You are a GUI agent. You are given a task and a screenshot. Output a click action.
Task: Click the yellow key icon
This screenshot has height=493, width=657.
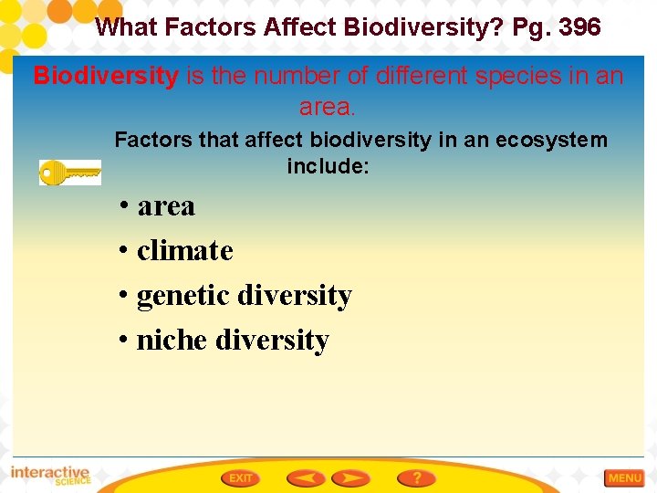click(69, 172)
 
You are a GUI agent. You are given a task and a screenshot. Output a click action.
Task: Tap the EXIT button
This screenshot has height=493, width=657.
click(241, 477)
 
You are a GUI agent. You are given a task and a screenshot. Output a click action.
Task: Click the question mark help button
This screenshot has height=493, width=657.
click(416, 477)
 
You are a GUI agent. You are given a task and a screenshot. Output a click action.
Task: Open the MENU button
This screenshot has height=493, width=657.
click(625, 477)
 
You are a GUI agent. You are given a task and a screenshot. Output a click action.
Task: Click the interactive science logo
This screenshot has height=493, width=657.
click(50, 476)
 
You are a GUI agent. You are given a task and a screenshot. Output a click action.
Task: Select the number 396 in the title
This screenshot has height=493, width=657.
click(579, 27)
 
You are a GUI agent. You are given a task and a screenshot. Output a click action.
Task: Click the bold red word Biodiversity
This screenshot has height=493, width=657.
click(106, 76)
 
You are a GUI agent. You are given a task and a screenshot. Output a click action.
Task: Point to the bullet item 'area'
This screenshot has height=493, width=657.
click(166, 206)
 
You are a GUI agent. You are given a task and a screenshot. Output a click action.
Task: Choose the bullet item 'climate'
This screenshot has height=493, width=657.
click(184, 250)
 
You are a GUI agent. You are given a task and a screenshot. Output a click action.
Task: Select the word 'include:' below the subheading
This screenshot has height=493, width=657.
click(328, 166)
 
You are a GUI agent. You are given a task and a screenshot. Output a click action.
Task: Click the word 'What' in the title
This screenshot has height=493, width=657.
click(125, 27)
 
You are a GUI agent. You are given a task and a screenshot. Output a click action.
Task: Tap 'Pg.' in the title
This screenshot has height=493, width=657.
click(532, 27)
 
